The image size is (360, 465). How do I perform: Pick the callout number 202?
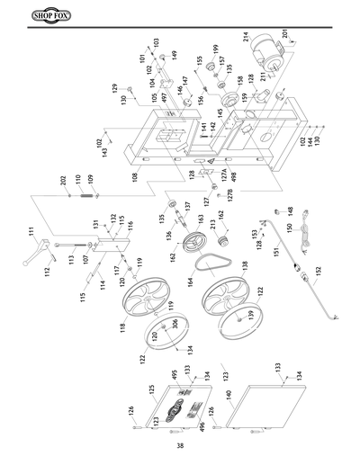tap(64, 181)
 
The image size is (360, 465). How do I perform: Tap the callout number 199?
tap(215, 48)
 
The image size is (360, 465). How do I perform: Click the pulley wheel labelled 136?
tap(192, 244)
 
